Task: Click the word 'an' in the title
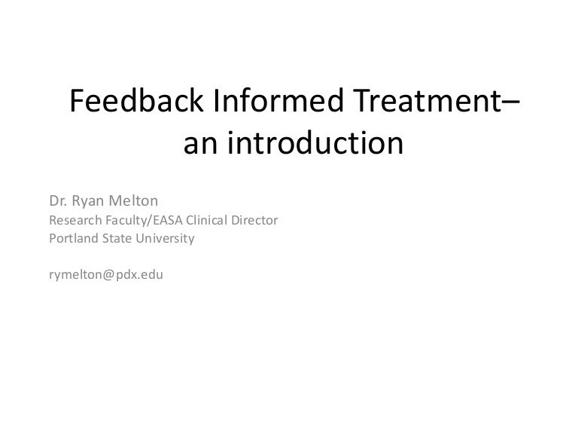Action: pyautogui.click(x=199, y=142)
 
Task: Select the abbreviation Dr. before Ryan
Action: pyautogui.click(x=58, y=203)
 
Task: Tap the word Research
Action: pyautogui.click(x=74, y=222)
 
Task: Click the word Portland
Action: pyautogui.click(x=72, y=239)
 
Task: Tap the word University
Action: pyautogui.click(x=166, y=239)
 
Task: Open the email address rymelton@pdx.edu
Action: pyautogui.click(x=105, y=275)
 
